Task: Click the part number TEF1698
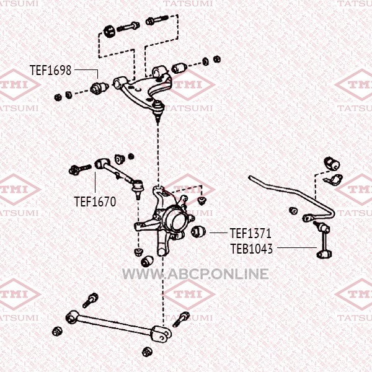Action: tap(50, 70)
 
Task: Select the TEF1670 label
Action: tap(95, 201)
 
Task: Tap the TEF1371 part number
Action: tap(250, 233)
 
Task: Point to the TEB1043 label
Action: tap(252, 249)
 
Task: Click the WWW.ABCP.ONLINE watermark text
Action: tap(195, 274)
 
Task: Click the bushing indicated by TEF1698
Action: tap(99, 87)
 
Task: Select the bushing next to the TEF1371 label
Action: tap(198, 231)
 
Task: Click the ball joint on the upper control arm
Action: tap(157, 108)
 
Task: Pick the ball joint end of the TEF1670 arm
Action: tap(138, 187)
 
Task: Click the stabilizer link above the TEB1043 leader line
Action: tap(323, 239)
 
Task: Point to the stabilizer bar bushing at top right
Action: tap(332, 164)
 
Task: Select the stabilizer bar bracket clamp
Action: tap(334, 180)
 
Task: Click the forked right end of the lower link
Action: tap(161, 334)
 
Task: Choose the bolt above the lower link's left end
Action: tap(91, 300)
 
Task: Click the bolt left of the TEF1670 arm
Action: tap(80, 169)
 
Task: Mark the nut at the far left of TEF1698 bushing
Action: tap(58, 97)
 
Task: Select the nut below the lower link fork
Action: tap(148, 352)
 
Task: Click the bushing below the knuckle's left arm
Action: tap(147, 261)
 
